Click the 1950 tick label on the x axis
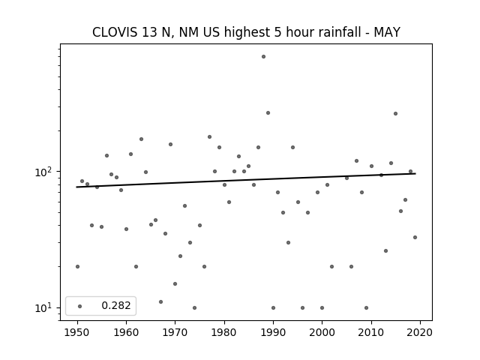point(77,332)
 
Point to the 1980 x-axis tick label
point(224,332)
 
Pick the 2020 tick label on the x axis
point(420,332)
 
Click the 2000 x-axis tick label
point(322,332)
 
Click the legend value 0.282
point(116,305)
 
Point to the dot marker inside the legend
point(80,306)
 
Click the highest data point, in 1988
point(263,57)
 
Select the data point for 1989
point(268,113)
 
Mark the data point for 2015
point(395,113)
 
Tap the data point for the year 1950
point(77,267)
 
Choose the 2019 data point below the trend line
point(415,237)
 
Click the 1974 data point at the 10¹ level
point(195,308)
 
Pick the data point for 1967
point(160,301)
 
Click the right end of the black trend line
point(415,173)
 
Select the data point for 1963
point(141,139)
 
